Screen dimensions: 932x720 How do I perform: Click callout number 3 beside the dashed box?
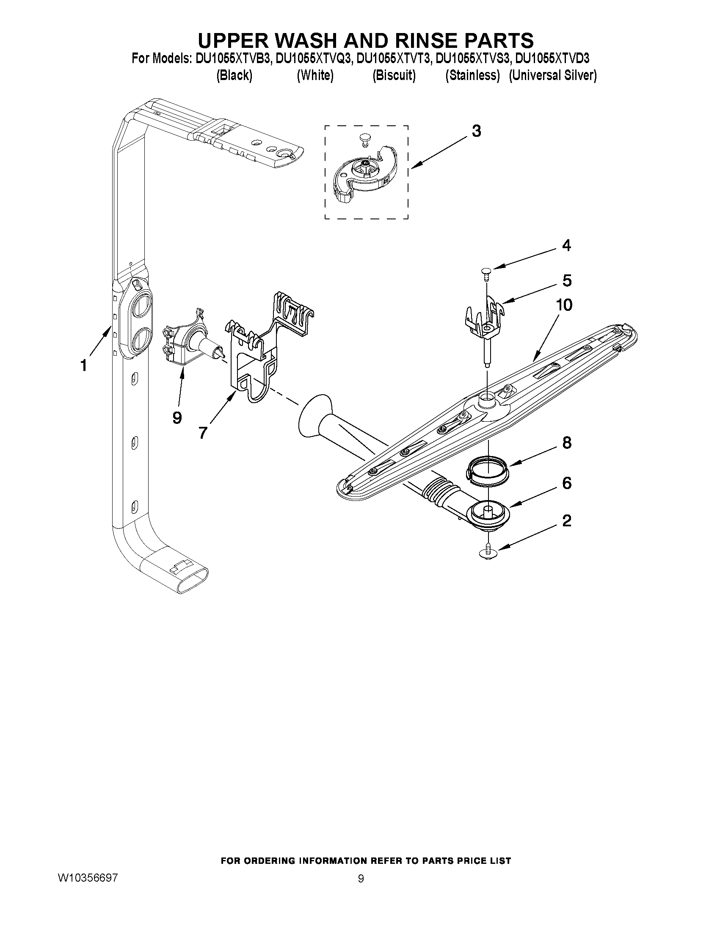[x=476, y=131]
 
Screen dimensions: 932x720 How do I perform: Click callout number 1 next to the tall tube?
[x=84, y=365]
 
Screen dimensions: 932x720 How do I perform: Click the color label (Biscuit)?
[x=393, y=75]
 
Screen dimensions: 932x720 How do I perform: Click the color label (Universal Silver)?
[x=552, y=75]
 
